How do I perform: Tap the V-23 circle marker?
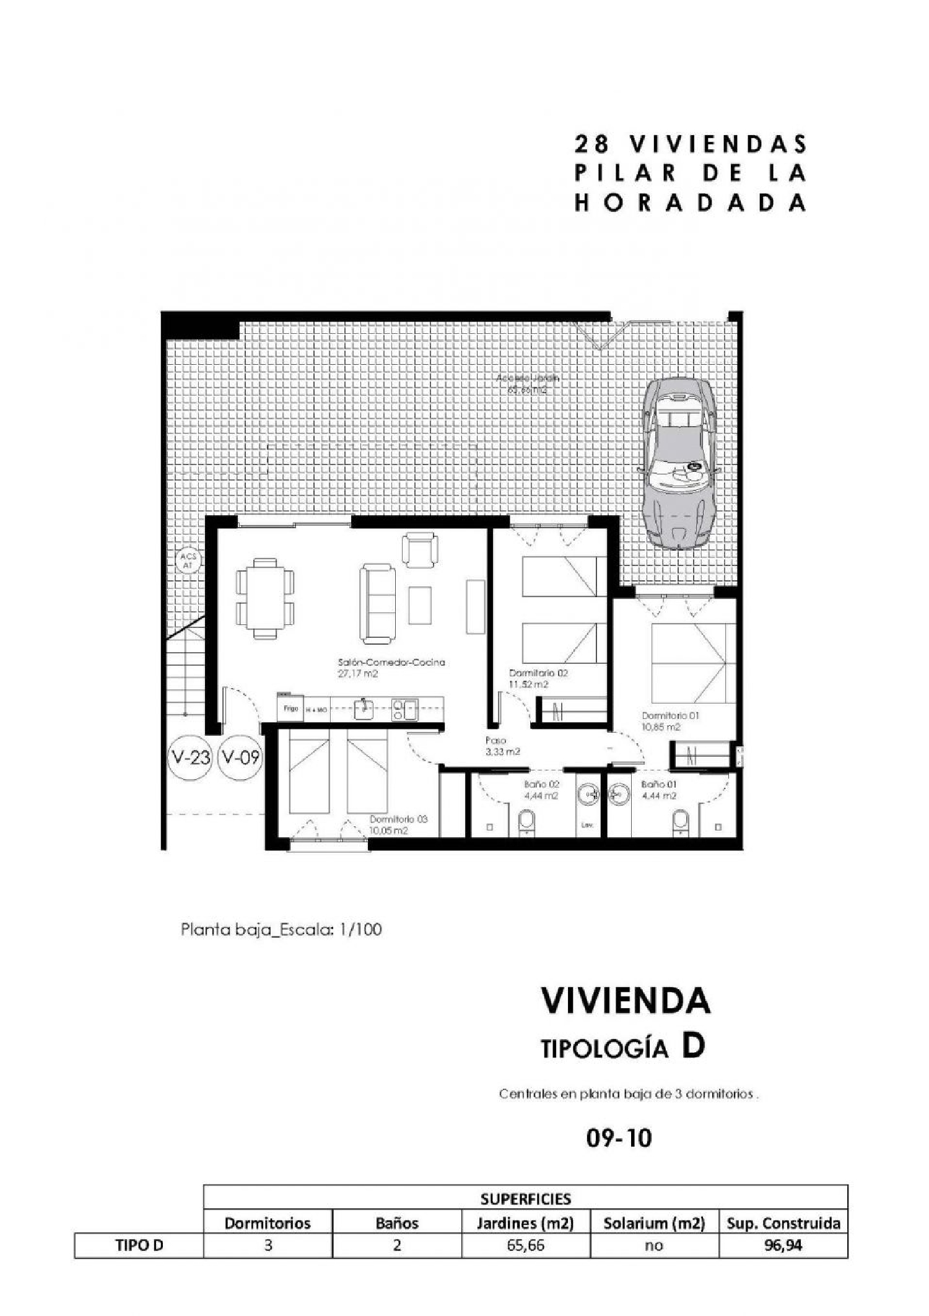(190, 757)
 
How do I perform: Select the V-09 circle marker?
(240, 757)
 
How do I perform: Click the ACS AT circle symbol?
(188, 561)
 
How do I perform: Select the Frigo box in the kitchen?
(290, 708)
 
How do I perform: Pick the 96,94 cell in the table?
(783, 1245)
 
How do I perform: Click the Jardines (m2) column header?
(525, 1222)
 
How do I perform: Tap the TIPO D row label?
(139, 1245)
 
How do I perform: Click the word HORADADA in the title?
(690, 203)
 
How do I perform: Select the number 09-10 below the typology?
(619, 1138)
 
